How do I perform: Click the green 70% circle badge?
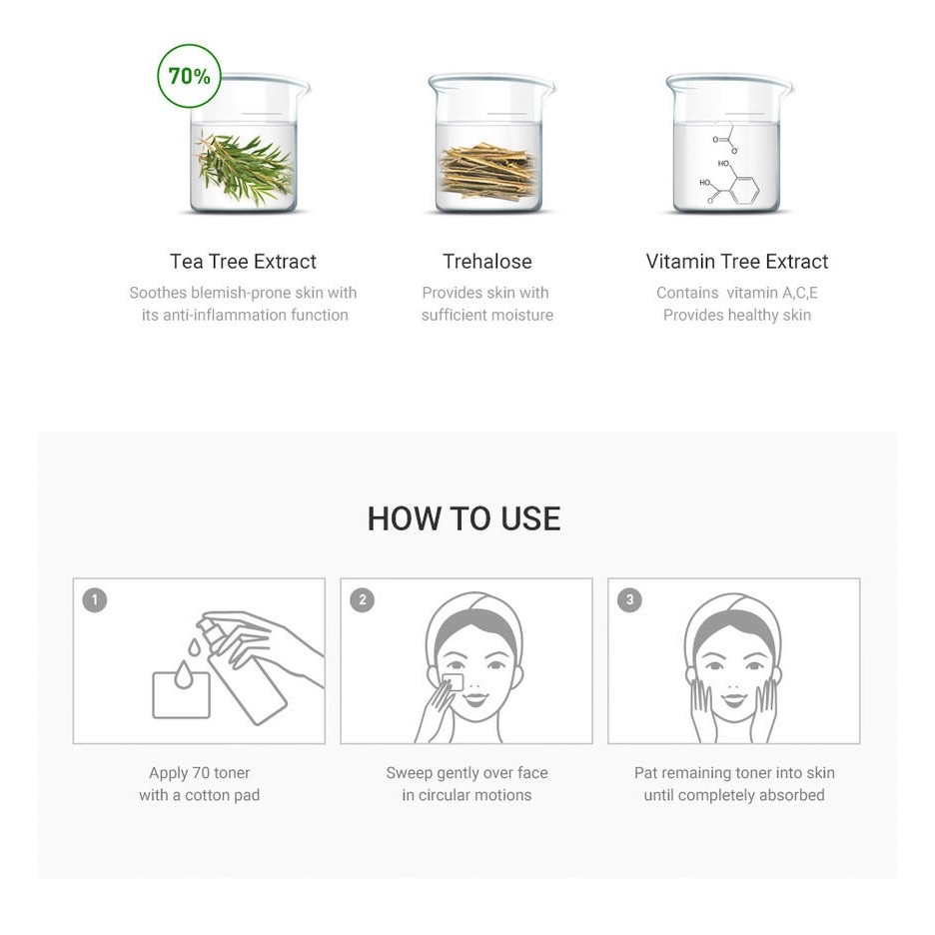click(x=189, y=76)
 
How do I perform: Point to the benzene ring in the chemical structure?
click(x=745, y=190)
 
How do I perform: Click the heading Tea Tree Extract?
click(x=243, y=261)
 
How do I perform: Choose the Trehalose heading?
click(x=487, y=261)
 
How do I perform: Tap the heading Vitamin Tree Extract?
click(x=737, y=261)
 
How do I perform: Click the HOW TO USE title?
click(x=464, y=518)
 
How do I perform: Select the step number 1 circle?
click(x=95, y=600)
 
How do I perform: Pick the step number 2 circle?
click(x=363, y=600)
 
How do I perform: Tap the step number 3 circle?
click(x=630, y=600)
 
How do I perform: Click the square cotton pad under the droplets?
click(x=181, y=695)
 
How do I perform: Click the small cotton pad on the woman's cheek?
click(x=455, y=682)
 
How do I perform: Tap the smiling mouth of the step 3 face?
click(x=734, y=698)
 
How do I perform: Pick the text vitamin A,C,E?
click(x=772, y=293)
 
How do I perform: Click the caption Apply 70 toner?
click(x=199, y=773)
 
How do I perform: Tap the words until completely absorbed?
click(x=734, y=795)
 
